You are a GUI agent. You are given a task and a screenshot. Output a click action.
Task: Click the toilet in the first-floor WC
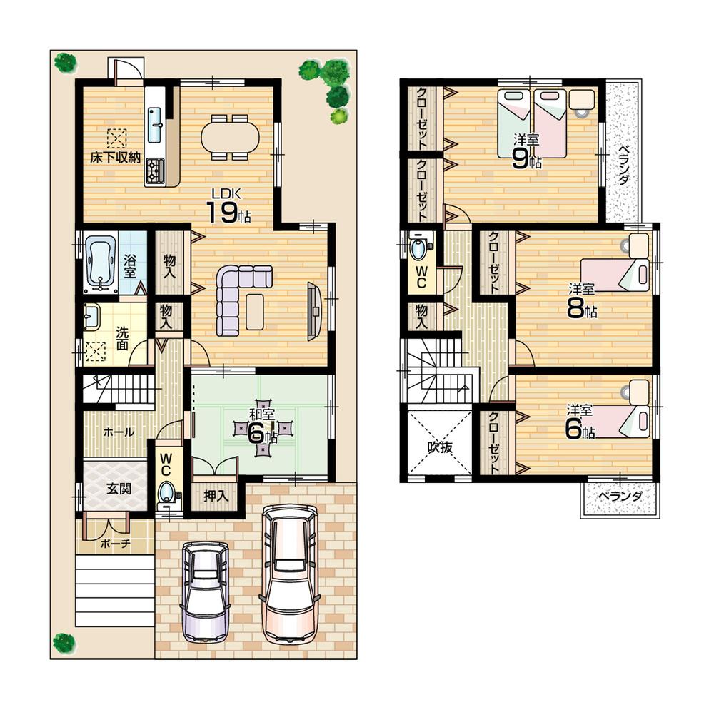pos(167,492)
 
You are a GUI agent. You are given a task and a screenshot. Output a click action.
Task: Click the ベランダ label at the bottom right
pos(619,497)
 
